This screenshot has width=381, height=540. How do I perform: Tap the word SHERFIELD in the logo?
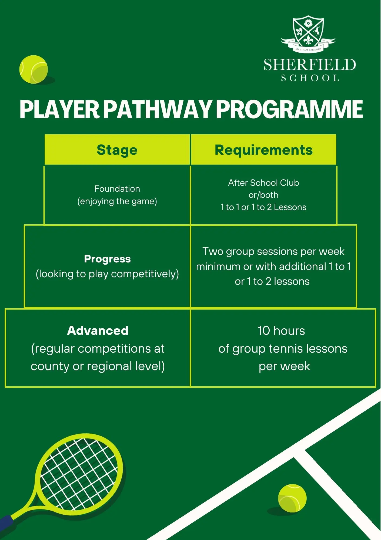pyautogui.click(x=310, y=65)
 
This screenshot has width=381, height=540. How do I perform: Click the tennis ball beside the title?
pyautogui.click(x=34, y=69)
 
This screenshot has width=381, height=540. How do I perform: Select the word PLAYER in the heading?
pyautogui.click(x=60, y=109)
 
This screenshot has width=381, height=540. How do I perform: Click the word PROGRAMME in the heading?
pyautogui.click(x=289, y=109)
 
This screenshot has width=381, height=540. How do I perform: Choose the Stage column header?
pyautogui.click(x=117, y=150)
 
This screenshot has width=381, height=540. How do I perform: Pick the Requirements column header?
pyautogui.click(x=263, y=150)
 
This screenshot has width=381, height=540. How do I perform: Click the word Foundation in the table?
pyautogui.click(x=117, y=189)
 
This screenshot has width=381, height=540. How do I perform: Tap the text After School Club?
pyautogui.click(x=263, y=183)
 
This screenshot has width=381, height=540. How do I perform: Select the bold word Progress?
pyautogui.click(x=107, y=259)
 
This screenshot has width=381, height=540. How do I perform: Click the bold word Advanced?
pyautogui.click(x=98, y=331)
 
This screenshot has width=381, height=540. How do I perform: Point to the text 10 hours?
pyautogui.click(x=281, y=331)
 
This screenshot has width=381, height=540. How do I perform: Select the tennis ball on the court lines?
pyautogui.click(x=292, y=498)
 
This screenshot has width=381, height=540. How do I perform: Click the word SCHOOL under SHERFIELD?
pyautogui.click(x=310, y=78)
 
